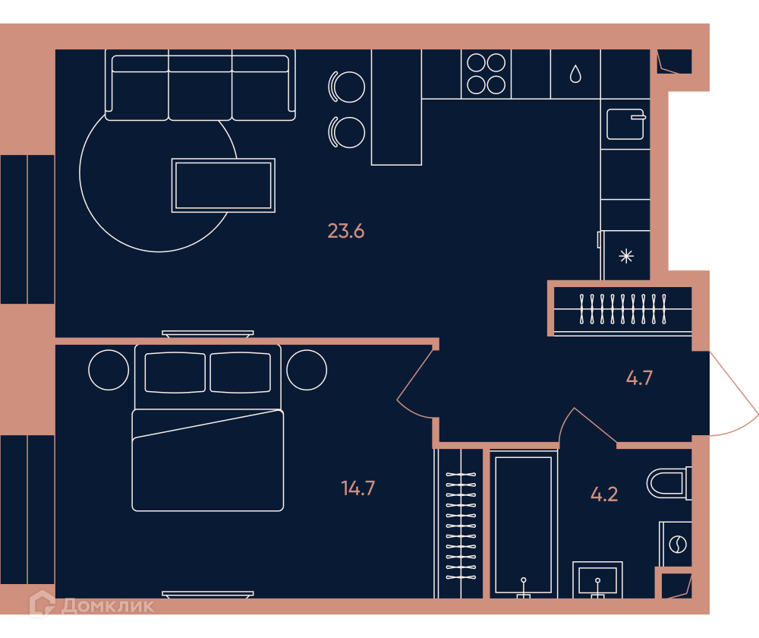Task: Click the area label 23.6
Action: (x=345, y=231)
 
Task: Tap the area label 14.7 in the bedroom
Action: (x=357, y=488)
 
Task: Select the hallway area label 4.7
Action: (x=639, y=377)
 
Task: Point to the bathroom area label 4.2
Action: (x=604, y=494)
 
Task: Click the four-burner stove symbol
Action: (x=486, y=74)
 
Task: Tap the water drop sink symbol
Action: (x=575, y=74)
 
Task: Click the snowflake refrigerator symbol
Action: (x=626, y=256)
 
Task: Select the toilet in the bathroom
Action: (x=669, y=483)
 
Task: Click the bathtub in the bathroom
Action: (x=523, y=524)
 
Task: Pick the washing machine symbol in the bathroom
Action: (x=676, y=544)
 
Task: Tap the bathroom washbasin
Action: (x=597, y=580)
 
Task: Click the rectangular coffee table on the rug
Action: (x=223, y=185)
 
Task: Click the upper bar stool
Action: (x=347, y=87)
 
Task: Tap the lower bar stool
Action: (x=347, y=132)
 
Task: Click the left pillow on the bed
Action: (x=175, y=372)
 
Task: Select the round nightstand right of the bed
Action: (x=307, y=370)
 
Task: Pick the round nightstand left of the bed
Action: (x=109, y=370)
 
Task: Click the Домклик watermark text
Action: (x=108, y=605)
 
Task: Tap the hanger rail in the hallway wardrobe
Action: (x=622, y=308)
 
